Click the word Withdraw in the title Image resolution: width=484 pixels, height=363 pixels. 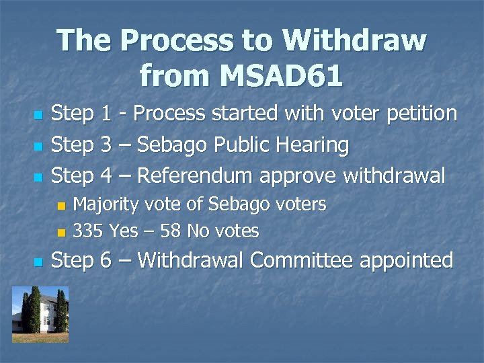pos(354,40)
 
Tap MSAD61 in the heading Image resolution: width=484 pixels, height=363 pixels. pos(277,75)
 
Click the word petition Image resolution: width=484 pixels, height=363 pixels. pos(421,114)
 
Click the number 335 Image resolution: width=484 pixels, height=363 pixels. pos(88,231)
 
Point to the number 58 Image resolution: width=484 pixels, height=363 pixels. pos(171,231)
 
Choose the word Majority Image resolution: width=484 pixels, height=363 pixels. pos(106,204)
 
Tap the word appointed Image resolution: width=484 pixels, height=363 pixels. pos(407,261)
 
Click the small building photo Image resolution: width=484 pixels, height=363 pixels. pos(40,314)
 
